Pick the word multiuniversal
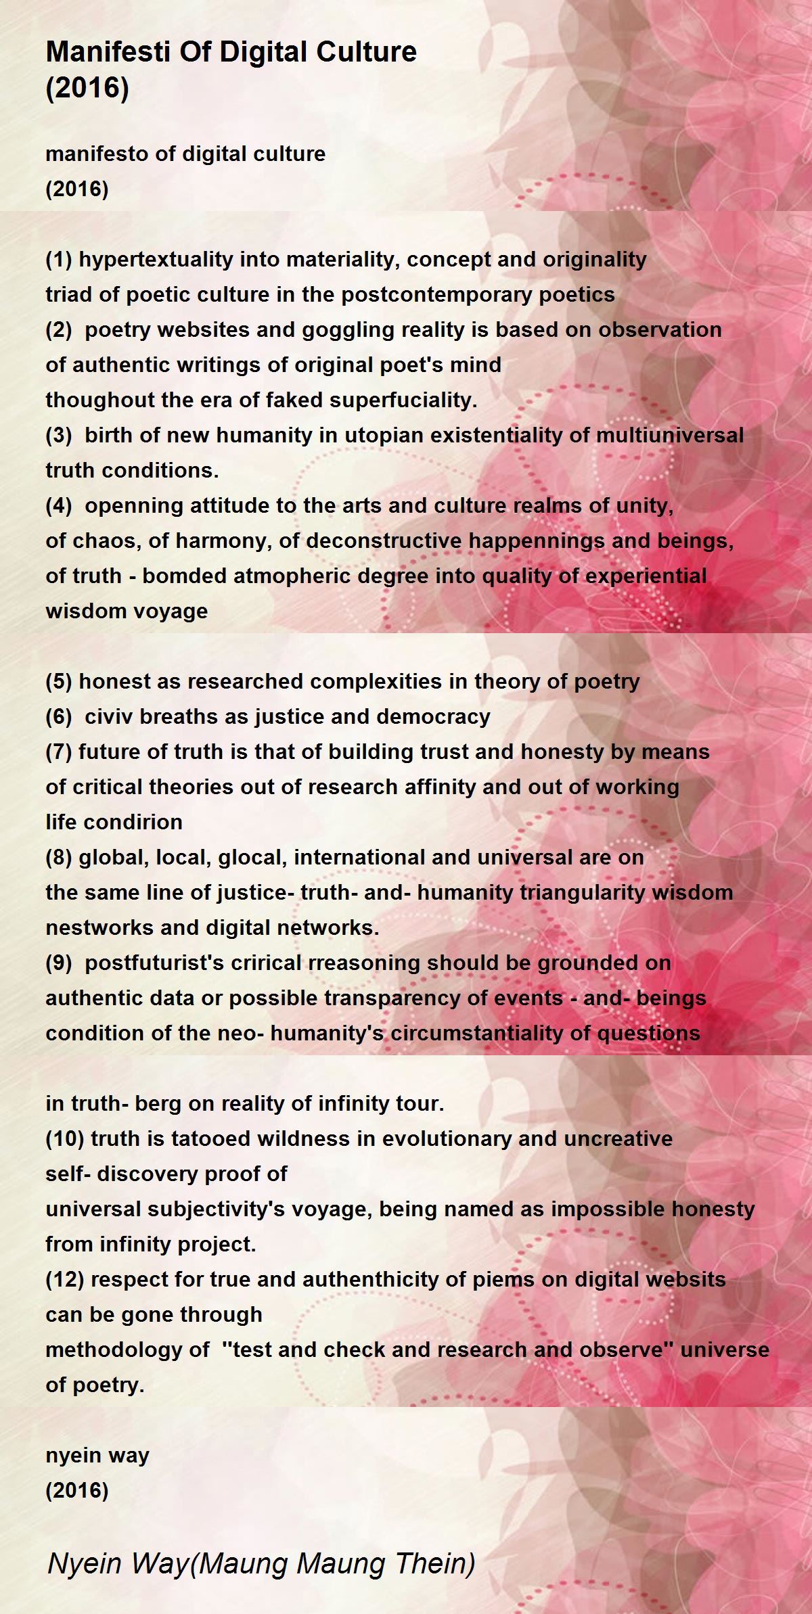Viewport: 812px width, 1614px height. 669,435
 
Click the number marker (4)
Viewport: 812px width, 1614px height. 59,505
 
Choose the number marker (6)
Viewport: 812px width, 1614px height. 59,716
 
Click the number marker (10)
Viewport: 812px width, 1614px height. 65,1138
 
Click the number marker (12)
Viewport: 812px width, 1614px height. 65,1279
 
